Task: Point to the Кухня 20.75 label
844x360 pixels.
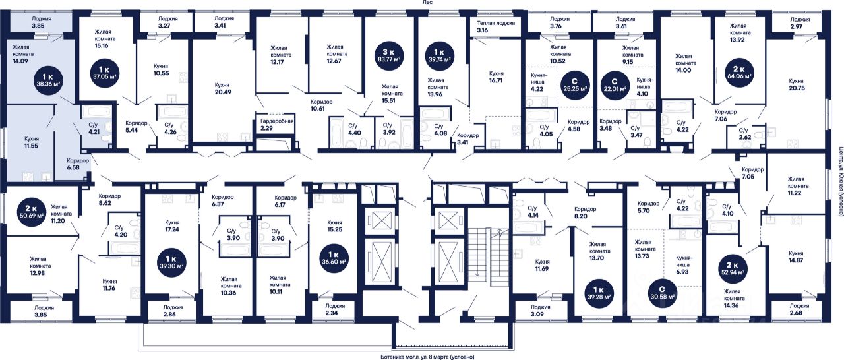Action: pyautogui.click(x=796, y=85)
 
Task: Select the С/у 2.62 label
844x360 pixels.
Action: pyautogui.click(x=746, y=135)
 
